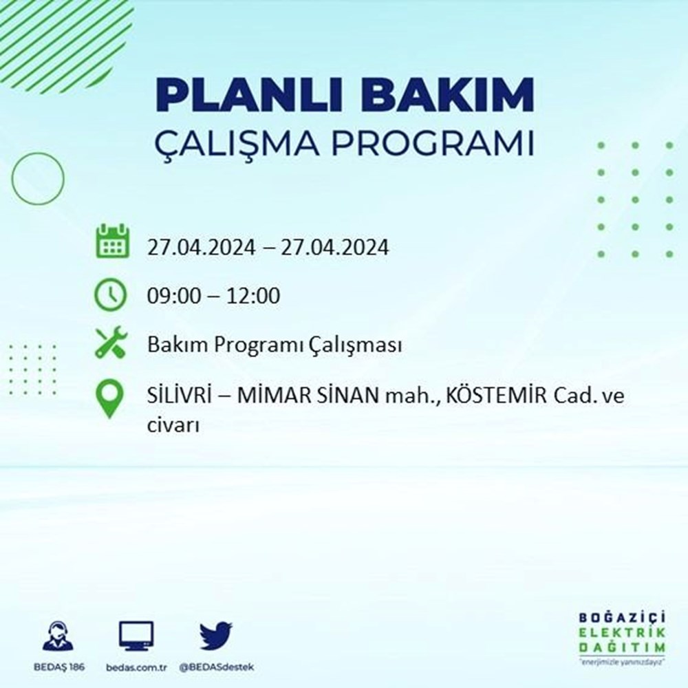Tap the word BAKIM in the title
[x=447, y=95]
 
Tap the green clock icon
[x=111, y=294]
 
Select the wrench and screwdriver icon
[x=111, y=342]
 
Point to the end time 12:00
[x=253, y=296]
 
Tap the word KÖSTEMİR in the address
[x=496, y=396]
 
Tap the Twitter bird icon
[x=216, y=635]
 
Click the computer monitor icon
[x=136, y=636]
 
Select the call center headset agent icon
[x=58, y=635]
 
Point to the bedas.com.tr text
[x=136, y=667]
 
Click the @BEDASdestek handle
[x=216, y=667]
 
